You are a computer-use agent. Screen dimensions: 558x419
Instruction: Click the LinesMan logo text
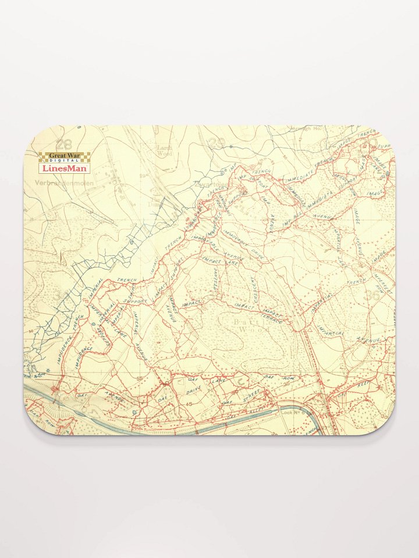(x=65, y=168)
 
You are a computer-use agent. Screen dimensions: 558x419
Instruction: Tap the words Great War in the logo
(x=65, y=155)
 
